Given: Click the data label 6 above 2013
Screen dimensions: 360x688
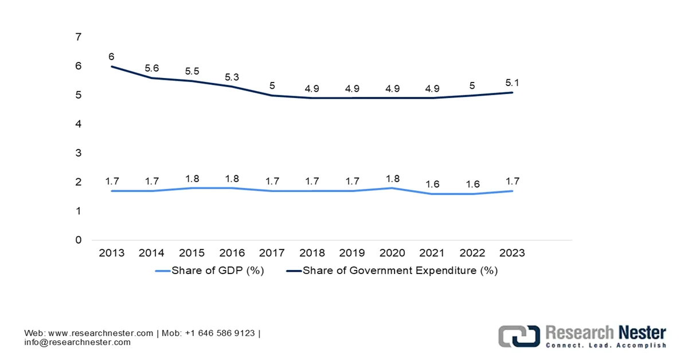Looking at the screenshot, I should point(111,57).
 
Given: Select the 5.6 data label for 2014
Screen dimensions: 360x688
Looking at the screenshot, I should point(151,68).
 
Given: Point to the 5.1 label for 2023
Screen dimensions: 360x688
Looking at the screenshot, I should point(512,83).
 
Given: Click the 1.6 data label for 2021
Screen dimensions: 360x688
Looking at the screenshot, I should point(432,184).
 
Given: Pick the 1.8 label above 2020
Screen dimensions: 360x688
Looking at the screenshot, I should point(392,178).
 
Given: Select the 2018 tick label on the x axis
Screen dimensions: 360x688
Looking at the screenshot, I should point(312,253).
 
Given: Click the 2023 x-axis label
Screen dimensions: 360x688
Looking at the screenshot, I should point(512,253).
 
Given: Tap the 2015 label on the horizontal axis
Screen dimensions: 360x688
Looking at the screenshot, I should point(191,253).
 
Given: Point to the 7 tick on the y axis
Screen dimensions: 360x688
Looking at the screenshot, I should point(79,37).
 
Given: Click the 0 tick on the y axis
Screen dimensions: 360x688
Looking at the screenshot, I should point(79,240).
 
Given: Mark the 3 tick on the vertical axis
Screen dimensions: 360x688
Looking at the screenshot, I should point(79,153).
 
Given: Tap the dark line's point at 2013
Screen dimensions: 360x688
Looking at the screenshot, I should point(111,66).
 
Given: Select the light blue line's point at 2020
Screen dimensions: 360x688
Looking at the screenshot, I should point(392,188).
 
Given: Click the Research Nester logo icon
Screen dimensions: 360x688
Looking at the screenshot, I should point(519,335).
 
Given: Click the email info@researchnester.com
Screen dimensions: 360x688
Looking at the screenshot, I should point(77,342).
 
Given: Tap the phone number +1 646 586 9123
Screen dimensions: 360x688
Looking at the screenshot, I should point(220,333).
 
